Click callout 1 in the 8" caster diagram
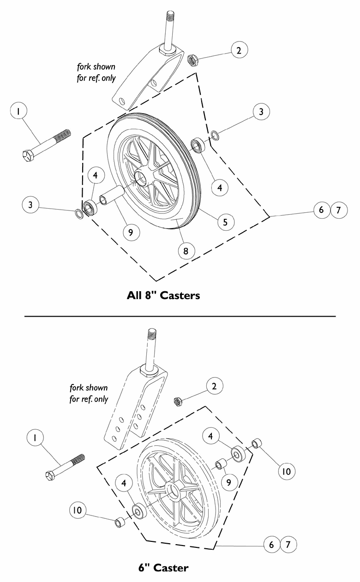[18, 112]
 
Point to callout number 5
[225, 222]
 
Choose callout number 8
[186, 251]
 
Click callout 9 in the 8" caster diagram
[131, 232]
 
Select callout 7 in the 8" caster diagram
[339, 210]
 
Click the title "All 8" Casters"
[163, 295]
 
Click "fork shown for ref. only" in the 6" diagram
[89, 393]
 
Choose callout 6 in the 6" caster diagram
[272, 545]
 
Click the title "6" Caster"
[163, 567]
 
